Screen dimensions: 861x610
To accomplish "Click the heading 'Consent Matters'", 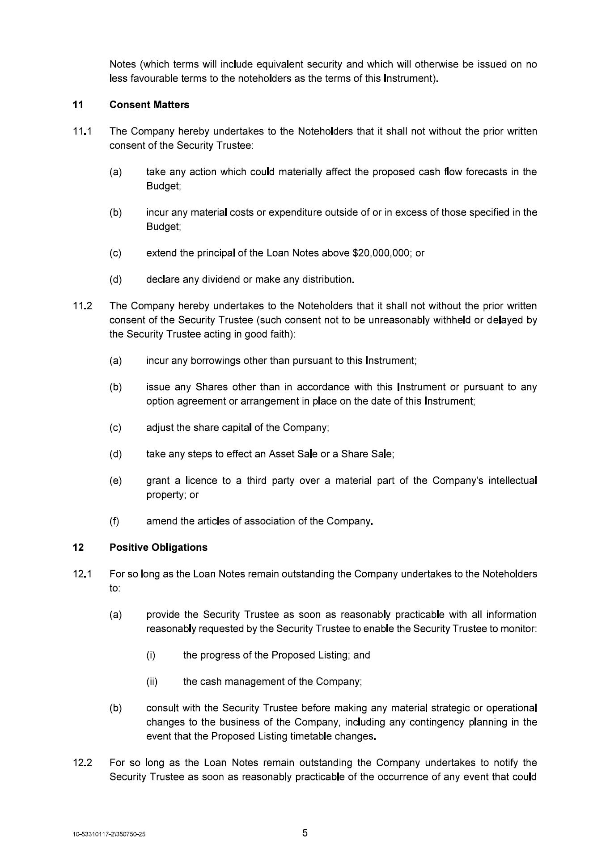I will click(x=149, y=105).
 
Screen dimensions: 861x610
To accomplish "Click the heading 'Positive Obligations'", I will click(x=158, y=547).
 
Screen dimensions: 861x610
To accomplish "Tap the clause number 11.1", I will click(x=82, y=131).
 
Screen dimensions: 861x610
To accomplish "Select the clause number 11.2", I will click(x=82, y=306).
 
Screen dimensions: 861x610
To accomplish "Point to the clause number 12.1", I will click(x=82, y=574).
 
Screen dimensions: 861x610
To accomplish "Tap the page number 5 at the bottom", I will click(x=305, y=833).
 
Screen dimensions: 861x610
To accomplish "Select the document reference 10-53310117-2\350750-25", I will click(x=110, y=835).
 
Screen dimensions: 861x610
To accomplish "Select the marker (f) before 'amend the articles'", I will click(x=114, y=521).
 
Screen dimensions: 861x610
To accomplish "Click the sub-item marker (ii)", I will click(x=152, y=682).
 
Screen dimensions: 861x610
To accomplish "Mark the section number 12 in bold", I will click(x=78, y=547).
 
